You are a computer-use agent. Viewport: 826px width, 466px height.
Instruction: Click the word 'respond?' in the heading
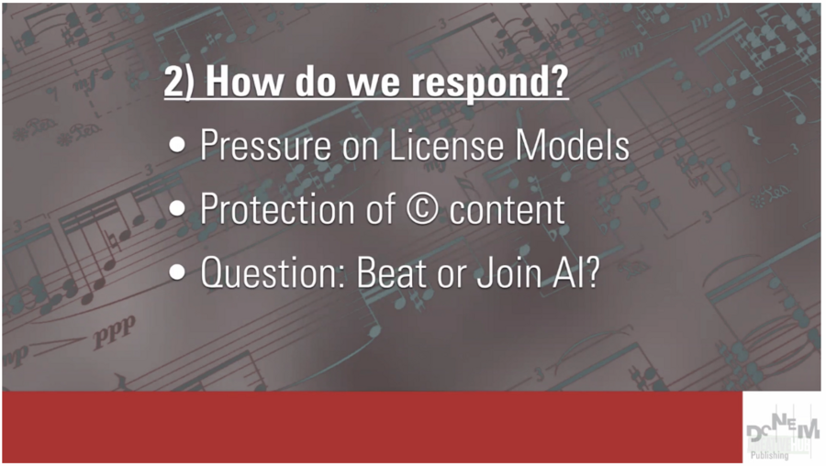pos(490,83)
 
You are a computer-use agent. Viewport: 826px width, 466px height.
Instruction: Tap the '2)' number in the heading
pos(180,81)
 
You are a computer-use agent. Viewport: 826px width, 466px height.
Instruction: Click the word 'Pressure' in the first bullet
pos(265,145)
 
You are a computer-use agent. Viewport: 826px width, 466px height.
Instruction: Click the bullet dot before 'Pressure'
pos(177,144)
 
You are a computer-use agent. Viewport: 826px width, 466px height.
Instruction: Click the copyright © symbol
pos(422,209)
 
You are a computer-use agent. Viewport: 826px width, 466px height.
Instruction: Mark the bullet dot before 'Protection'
pos(177,208)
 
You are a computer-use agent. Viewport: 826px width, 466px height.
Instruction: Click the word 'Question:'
pos(273,272)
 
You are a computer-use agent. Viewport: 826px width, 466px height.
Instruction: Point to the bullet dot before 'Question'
pos(177,272)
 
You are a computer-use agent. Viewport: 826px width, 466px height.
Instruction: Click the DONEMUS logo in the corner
pos(783,428)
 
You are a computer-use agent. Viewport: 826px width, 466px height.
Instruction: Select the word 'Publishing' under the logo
pos(770,455)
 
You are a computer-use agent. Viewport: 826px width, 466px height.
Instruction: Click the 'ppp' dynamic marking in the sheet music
pos(115,332)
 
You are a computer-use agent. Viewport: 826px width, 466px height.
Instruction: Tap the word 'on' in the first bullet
pos(360,148)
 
